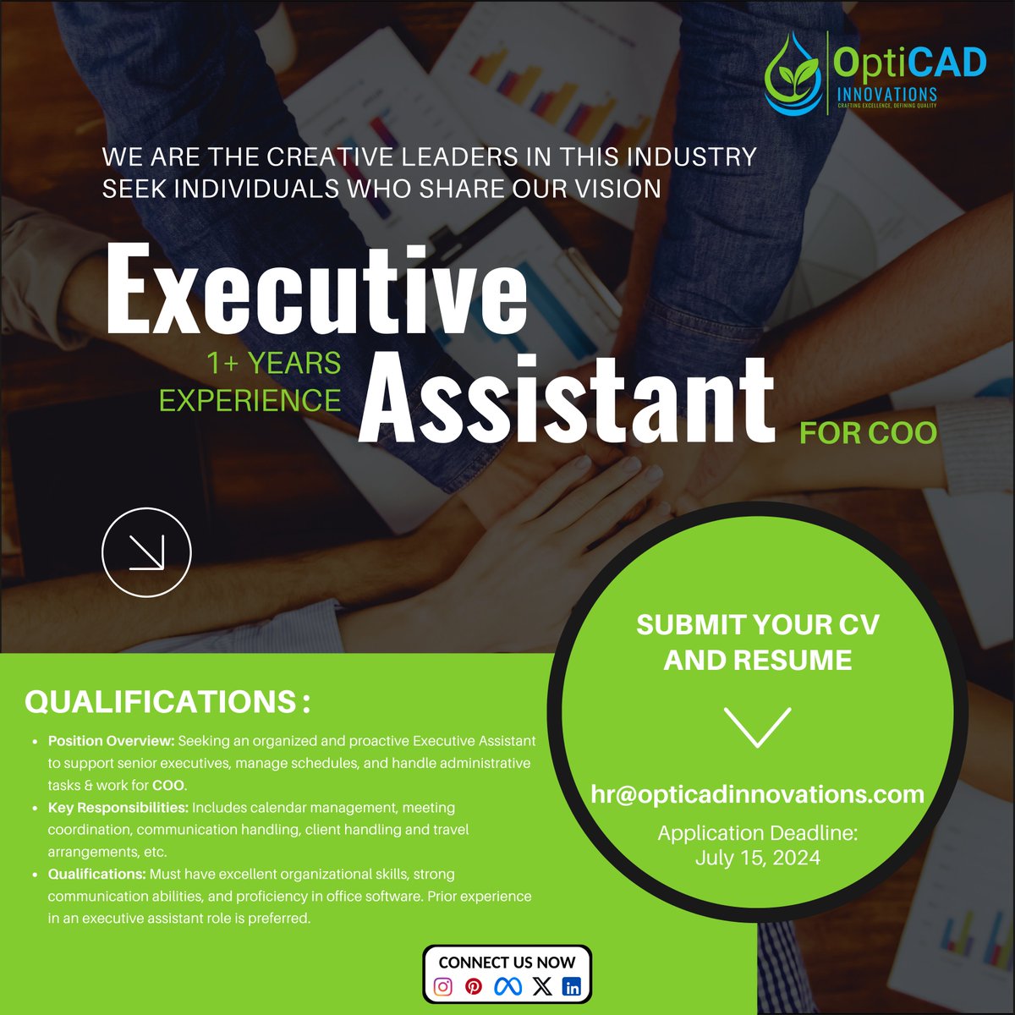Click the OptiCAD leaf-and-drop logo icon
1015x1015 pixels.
click(793, 74)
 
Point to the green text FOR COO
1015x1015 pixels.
click(868, 433)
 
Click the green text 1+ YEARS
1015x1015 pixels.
click(273, 364)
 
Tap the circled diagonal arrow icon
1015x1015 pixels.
click(146, 552)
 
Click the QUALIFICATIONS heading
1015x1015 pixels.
click(167, 702)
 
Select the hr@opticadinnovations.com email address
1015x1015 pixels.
click(757, 795)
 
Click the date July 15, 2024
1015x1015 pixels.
click(757, 858)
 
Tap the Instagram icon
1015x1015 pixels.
click(443, 986)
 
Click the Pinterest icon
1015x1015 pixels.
click(474, 986)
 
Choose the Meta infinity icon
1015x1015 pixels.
click(507, 986)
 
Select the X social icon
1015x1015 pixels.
click(542, 986)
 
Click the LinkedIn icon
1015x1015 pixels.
click(573, 986)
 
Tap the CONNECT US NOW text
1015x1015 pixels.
click(507, 963)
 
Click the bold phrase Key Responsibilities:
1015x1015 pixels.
click(118, 808)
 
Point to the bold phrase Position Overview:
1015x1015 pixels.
click(111, 741)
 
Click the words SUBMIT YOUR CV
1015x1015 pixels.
click(757, 625)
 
